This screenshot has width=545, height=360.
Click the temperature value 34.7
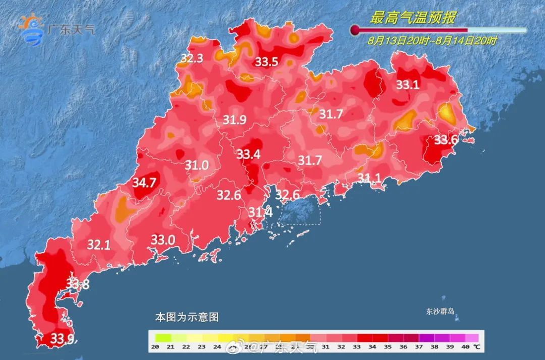pos(144,183)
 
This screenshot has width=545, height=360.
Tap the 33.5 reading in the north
pos(266,62)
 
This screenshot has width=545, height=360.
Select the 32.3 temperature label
pos(192,59)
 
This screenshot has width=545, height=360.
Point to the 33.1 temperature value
pos(407,85)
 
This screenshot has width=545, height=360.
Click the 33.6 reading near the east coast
pos(446,140)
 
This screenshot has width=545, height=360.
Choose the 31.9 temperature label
pos(235,120)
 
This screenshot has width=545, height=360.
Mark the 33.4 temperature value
pos(249,154)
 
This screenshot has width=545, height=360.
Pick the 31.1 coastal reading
pos(369,178)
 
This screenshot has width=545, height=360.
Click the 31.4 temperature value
pos(260,213)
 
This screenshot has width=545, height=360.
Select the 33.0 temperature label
pos(163,240)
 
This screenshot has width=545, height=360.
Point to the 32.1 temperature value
pos(99,245)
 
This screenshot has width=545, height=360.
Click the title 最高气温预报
pos(413,19)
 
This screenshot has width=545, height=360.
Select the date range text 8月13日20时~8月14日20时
pos(432,41)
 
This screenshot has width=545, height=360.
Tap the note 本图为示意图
pos(187,318)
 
